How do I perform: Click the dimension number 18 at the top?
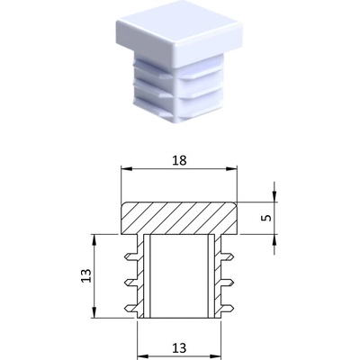pos(179,161)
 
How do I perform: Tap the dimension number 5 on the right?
pos(266,218)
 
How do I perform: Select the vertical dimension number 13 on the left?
pos(86,275)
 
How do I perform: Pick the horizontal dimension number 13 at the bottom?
pos(179,348)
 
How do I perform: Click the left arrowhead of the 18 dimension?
pos(126,169)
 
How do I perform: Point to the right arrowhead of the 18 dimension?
pos(231,169)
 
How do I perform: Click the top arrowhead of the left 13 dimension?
pos(94,240)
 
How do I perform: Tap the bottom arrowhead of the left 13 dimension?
pos(94,312)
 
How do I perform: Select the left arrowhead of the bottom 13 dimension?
pos(143,356)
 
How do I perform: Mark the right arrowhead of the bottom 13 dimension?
pos(215,356)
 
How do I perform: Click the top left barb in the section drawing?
pos(130,256)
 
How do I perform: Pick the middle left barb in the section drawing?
pos(130,282)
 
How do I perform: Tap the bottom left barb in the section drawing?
pos(130,308)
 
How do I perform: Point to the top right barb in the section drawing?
pos(227,256)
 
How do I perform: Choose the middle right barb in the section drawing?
pos(227,282)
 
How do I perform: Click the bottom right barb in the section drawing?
pos(227,308)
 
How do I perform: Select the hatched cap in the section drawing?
pos(179,218)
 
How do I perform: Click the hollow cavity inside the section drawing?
pos(179,276)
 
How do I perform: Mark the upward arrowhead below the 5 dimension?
pos(274,240)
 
